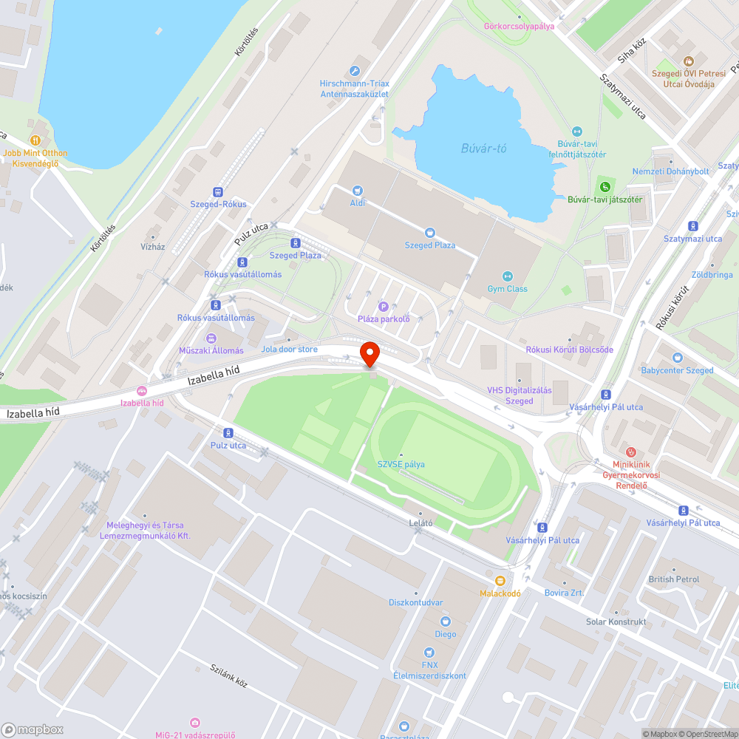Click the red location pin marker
(369, 353)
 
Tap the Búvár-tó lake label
(483, 149)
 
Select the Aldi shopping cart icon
(358, 191)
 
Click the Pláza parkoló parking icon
(383, 307)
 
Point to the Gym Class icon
(507, 276)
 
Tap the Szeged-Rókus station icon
(218, 191)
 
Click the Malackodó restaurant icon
(500, 581)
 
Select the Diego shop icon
(445, 621)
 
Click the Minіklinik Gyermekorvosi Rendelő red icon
(630, 452)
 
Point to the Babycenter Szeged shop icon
(677, 358)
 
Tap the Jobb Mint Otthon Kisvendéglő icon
(35, 140)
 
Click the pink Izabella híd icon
(142, 391)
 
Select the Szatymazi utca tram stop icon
(692, 226)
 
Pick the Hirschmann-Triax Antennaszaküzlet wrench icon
(355, 71)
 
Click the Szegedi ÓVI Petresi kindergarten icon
(689, 61)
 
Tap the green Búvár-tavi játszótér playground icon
(605, 185)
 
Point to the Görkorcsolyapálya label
(519, 26)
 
